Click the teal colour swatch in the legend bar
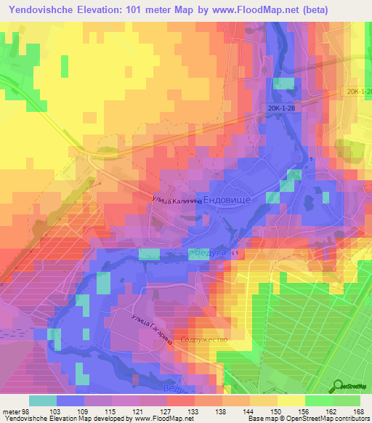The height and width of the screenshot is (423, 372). click(42, 400)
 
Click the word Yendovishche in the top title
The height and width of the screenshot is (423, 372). click(46, 10)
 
